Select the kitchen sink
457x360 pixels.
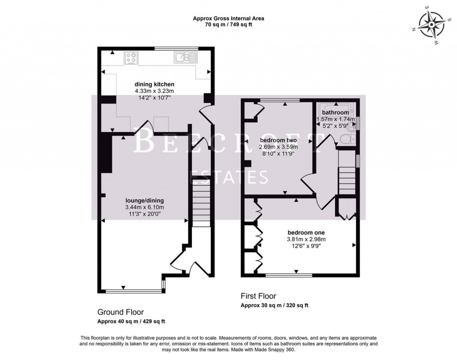[x=185, y=57]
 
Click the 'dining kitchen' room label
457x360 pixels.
[x=154, y=84]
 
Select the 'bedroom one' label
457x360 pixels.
[x=306, y=232]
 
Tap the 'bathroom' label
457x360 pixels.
[x=335, y=112]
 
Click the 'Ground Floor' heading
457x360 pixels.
[x=120, y=312]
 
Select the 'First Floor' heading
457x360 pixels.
[x=258, y=296]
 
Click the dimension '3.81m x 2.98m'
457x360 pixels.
[x=306, y=239]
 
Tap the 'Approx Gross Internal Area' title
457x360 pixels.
[x=228, y=18]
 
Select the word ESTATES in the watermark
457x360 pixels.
[x=229, y=178]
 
